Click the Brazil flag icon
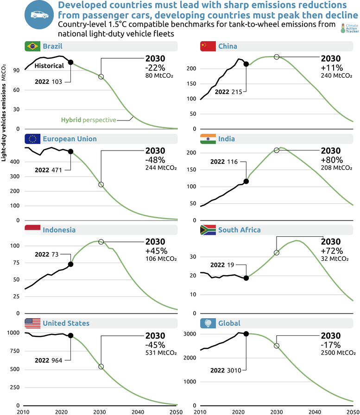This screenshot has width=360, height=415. click(x=32, y=46)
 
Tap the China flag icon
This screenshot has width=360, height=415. click(x=207, y=46)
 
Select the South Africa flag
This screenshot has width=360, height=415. click(x=207, y=230)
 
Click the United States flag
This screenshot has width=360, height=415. click(x=32, y=323)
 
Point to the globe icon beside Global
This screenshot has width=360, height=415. click(x=207, y=323)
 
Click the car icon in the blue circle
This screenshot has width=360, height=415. click(x=39, y=14)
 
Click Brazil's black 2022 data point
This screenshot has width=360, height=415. click(x=70, y=62)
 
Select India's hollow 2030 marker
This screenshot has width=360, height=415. click(x=277, y=150)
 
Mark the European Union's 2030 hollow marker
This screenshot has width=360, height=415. click(x=101, y=185)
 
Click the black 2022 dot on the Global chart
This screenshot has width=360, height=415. click(x=246, y=333)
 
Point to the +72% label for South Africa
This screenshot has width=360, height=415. click(x=331, y=251)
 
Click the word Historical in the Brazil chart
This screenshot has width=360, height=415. click(x=49, y=66)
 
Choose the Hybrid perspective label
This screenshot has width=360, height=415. click(x=88, y=119)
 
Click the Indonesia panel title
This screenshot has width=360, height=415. click(x=59, y=230)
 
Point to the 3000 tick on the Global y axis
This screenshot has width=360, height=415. click(x=189, y=334)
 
